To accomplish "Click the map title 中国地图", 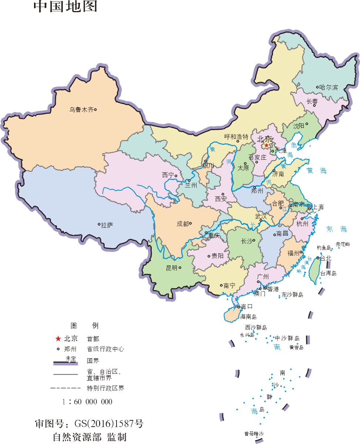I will [65, 7].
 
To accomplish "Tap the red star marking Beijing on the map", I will [266, 145].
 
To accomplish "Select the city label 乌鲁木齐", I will [81, 109].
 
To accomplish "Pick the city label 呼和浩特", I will [236, 136].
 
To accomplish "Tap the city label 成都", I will [182, 224].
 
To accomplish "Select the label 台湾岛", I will [328, 274].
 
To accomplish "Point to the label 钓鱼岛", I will [323, 248].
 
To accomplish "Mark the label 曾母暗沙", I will [254, 434].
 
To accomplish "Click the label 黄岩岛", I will [296, 347].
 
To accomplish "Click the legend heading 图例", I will [84, 326].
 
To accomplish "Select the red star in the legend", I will [58, 338].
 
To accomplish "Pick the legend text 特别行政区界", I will [103, 389].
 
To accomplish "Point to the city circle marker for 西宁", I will [176, 176].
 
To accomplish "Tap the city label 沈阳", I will [298, 126].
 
